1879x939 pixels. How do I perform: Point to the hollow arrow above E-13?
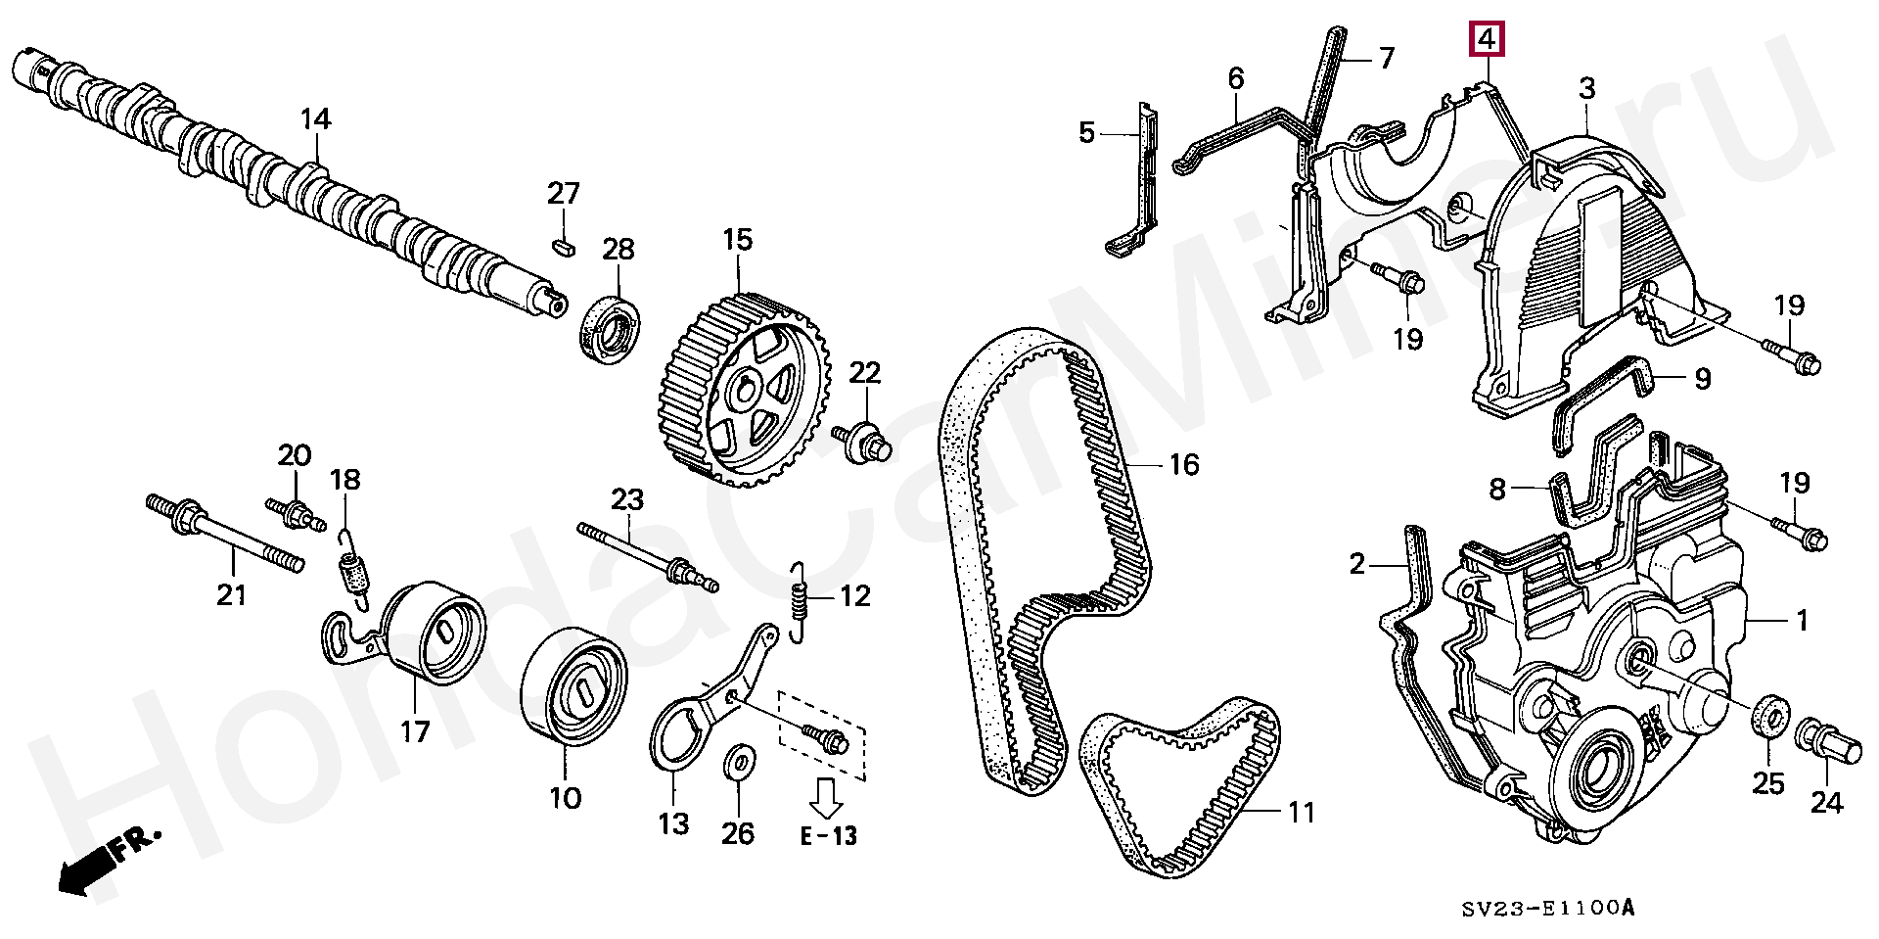tap(827, 796)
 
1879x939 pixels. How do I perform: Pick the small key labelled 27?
tap(563, 244)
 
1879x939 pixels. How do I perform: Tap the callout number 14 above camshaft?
tap(315, 119)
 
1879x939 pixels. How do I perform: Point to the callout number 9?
tap(1702, 378)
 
